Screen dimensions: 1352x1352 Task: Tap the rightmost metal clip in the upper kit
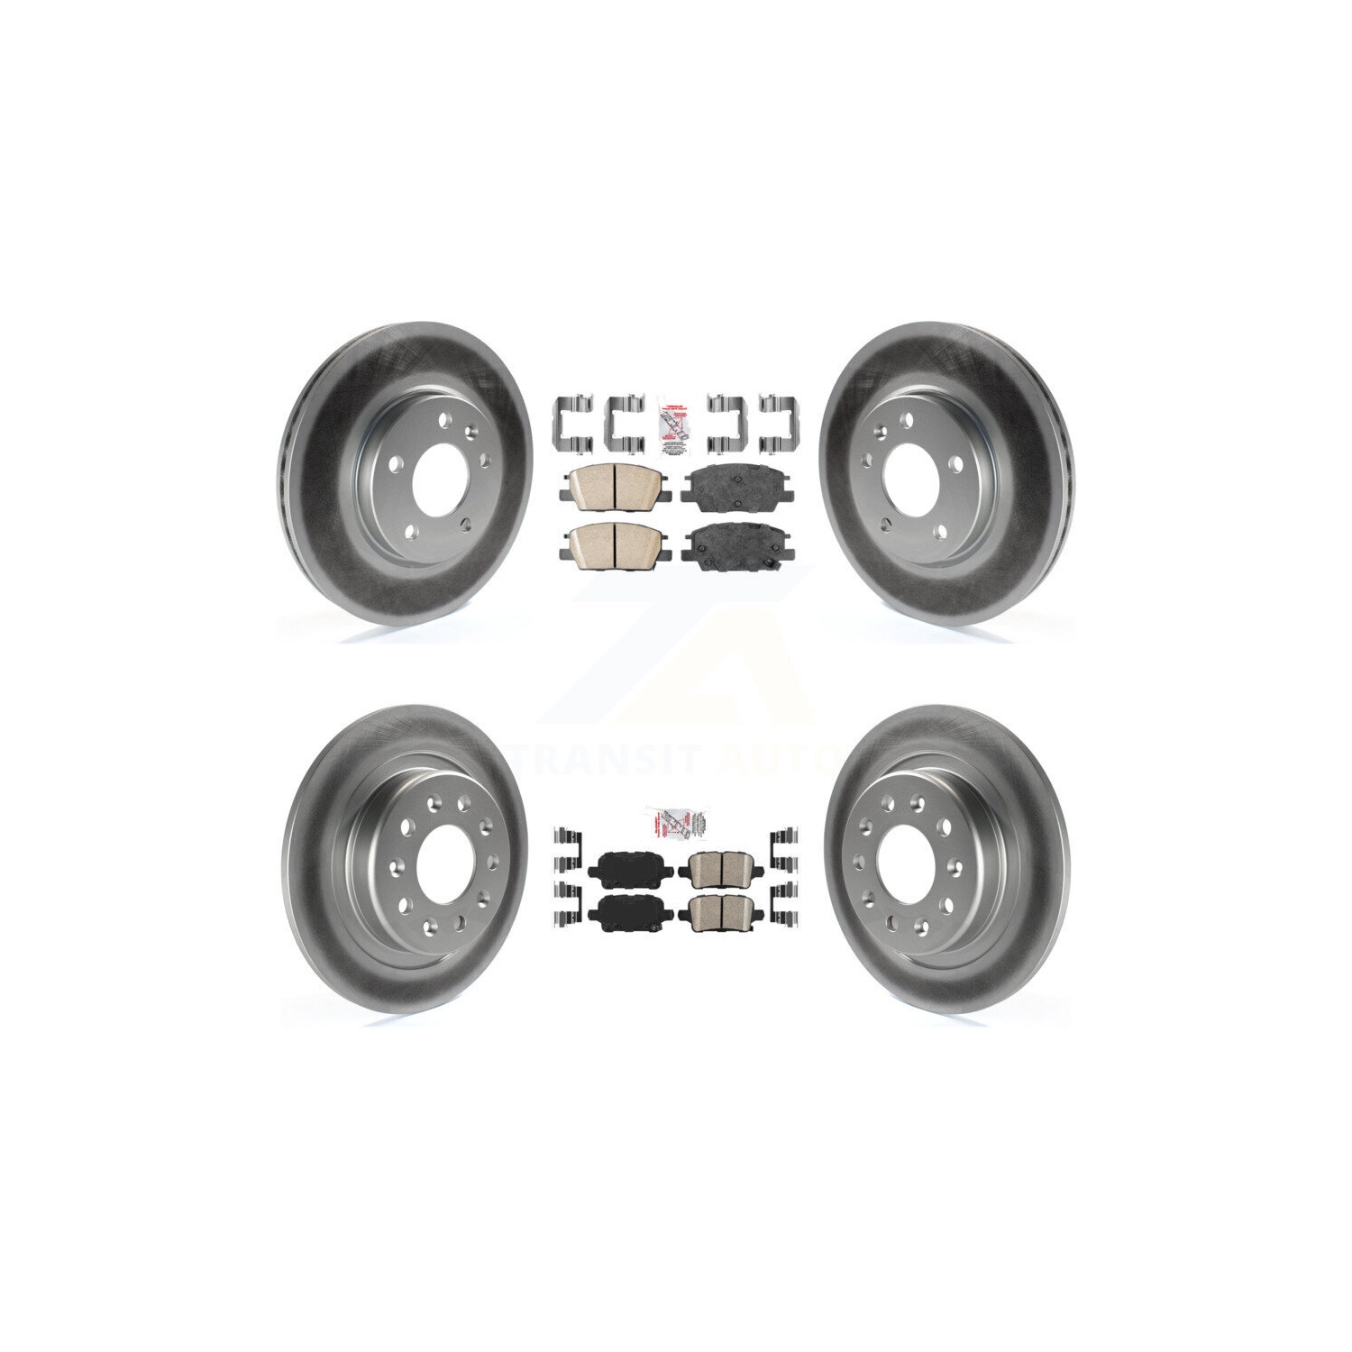click(781, 422)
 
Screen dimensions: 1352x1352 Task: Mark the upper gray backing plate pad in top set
click(729, 489)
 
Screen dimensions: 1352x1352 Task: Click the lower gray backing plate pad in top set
click(729, 544)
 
